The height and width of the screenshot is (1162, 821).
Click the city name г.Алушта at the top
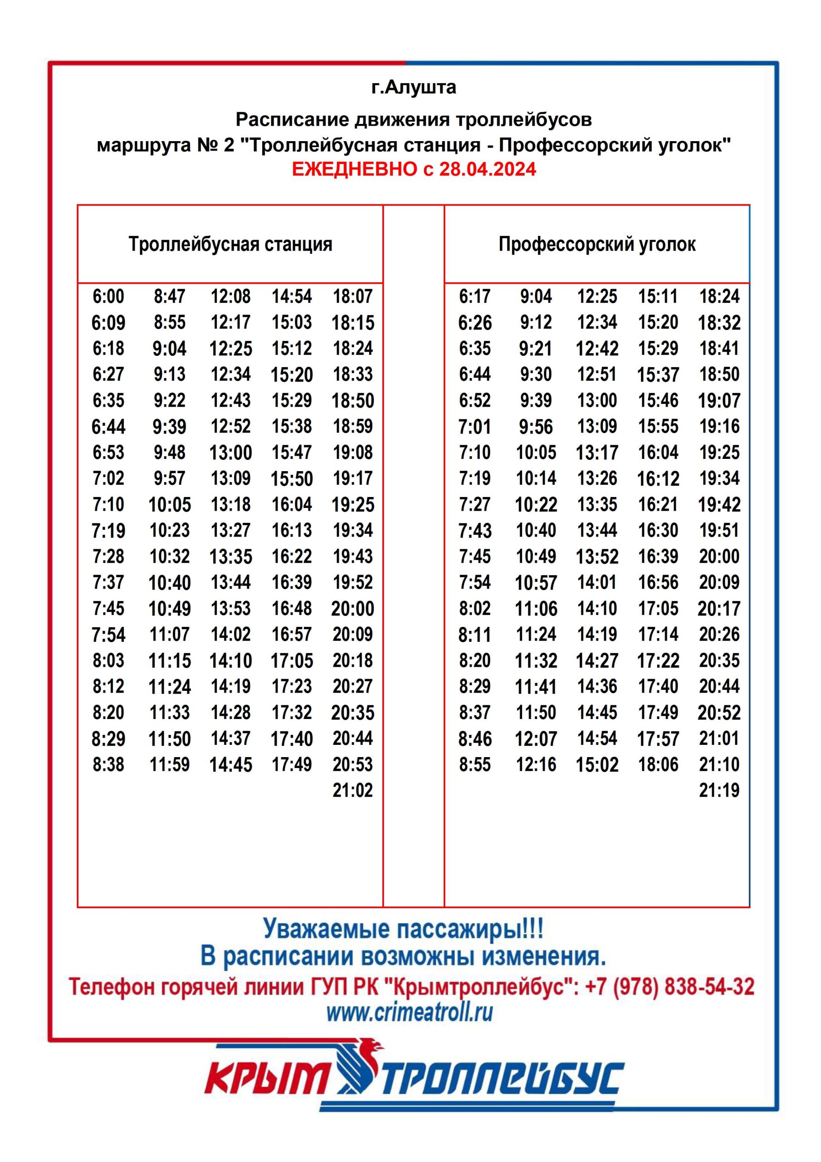(x=413, y=88)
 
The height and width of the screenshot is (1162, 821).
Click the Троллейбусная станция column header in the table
(x=230, y=245)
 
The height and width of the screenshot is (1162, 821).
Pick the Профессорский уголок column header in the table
(x=597, y=245)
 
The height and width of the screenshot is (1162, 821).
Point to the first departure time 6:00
(x=108, y=296)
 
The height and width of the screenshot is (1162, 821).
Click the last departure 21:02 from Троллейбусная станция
(x=352, y=790)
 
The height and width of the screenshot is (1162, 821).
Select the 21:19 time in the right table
(x=719, y=790)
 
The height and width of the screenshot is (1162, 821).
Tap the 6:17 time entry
(x=474, y=296)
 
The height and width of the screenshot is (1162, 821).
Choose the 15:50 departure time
(x=291, y=478)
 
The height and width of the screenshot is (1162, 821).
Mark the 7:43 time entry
(x=474, y=531)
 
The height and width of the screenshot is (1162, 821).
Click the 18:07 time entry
(x=352, y=296)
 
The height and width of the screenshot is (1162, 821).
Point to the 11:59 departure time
(x=170, y=764)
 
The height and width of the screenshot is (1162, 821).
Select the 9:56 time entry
(x=536, y=426)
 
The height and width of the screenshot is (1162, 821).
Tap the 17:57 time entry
(x=658, y=739)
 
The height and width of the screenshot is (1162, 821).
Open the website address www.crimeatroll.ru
(x=409, y=1012)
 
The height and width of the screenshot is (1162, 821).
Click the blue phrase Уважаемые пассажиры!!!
(x=403, y=929)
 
